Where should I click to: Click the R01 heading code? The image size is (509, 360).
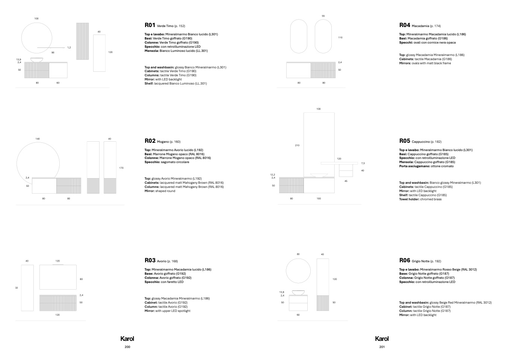(x=150, y=25)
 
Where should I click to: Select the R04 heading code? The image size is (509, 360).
(x=405, y=25)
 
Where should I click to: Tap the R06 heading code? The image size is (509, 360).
(x=405, y=260)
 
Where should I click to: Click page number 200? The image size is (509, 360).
(x=127, y=347)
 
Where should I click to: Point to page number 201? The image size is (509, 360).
(x=382, y=347)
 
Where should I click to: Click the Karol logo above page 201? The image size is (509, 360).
(x=382, y=339)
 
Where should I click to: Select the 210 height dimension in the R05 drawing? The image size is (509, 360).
(x=297, y=145)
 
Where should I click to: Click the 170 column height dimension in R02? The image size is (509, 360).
(x=121, y=168)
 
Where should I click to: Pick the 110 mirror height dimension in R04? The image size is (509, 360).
(x=340, y=38)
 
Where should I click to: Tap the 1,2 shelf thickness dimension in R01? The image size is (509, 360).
(x=69, y=47)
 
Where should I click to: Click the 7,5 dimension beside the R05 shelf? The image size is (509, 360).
(x=363, y=163)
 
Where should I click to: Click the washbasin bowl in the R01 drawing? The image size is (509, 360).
(x=36, y=60)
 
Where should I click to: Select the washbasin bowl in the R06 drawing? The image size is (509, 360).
(x=298, y=292)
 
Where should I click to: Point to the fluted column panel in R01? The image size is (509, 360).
(x=83, y=41)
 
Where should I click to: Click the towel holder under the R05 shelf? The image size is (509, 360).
(x=346, y=171)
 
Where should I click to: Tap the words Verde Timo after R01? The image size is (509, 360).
(x=165, y=26)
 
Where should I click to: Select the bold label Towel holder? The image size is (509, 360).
(x=409, y=199)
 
